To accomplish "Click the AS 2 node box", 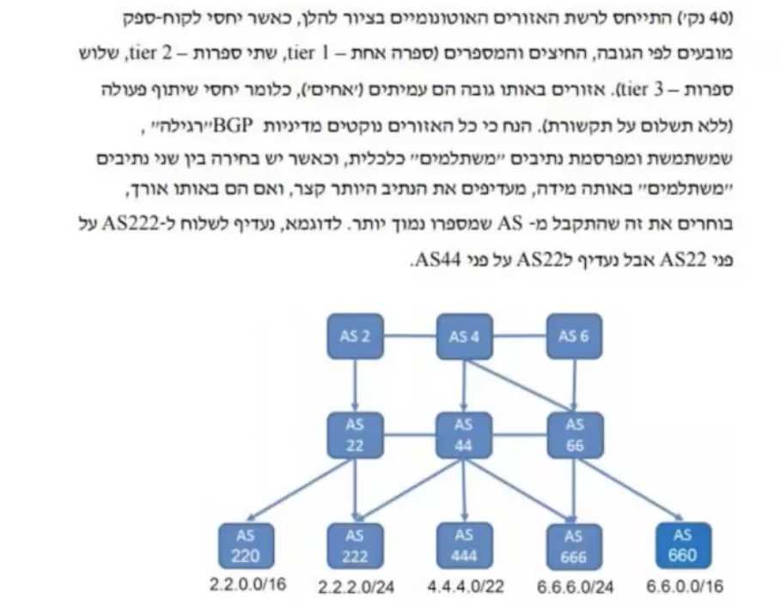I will (354, 336).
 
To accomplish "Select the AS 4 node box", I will (464, 336).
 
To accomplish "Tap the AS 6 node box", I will (573, 336).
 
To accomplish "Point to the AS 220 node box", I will (244, 545).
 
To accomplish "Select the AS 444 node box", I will (464, 545).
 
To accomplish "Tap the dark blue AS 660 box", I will (683, 545).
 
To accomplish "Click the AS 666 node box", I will (573, 545).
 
